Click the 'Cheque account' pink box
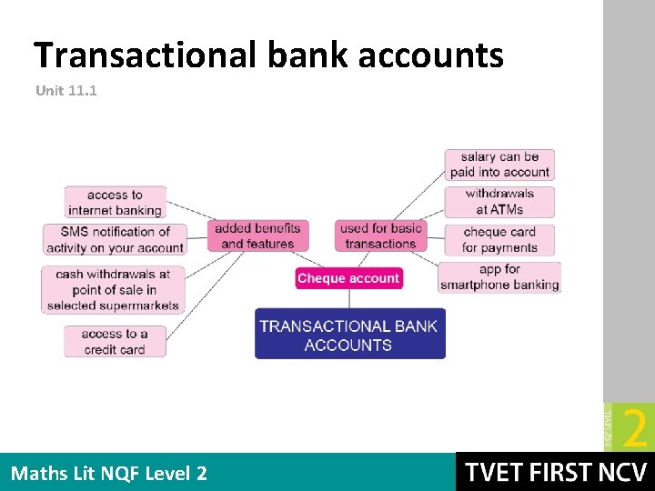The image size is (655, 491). (348, 278)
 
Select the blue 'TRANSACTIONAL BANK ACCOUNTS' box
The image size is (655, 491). (348, 335)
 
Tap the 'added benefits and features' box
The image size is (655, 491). (257, 235)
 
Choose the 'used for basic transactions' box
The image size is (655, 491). (380, 235)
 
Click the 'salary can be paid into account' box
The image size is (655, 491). (499, 165)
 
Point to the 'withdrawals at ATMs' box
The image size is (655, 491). (499, 201)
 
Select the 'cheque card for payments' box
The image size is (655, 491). (499, 239)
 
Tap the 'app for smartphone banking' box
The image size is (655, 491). (499, 276)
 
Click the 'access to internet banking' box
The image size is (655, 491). (115, 202)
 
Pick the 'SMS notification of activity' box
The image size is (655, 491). (115, 239)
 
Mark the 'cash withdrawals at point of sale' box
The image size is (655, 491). (113, 289)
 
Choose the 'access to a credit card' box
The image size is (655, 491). (115, 341)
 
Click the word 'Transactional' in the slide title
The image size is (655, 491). (145, 55)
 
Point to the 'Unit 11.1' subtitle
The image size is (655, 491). (65, 91)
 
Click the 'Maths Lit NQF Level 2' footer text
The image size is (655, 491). (108, 473)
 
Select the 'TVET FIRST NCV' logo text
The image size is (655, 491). (554, 473)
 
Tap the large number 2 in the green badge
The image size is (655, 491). (636, 427)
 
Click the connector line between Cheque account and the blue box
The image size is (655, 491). (349, 300)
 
